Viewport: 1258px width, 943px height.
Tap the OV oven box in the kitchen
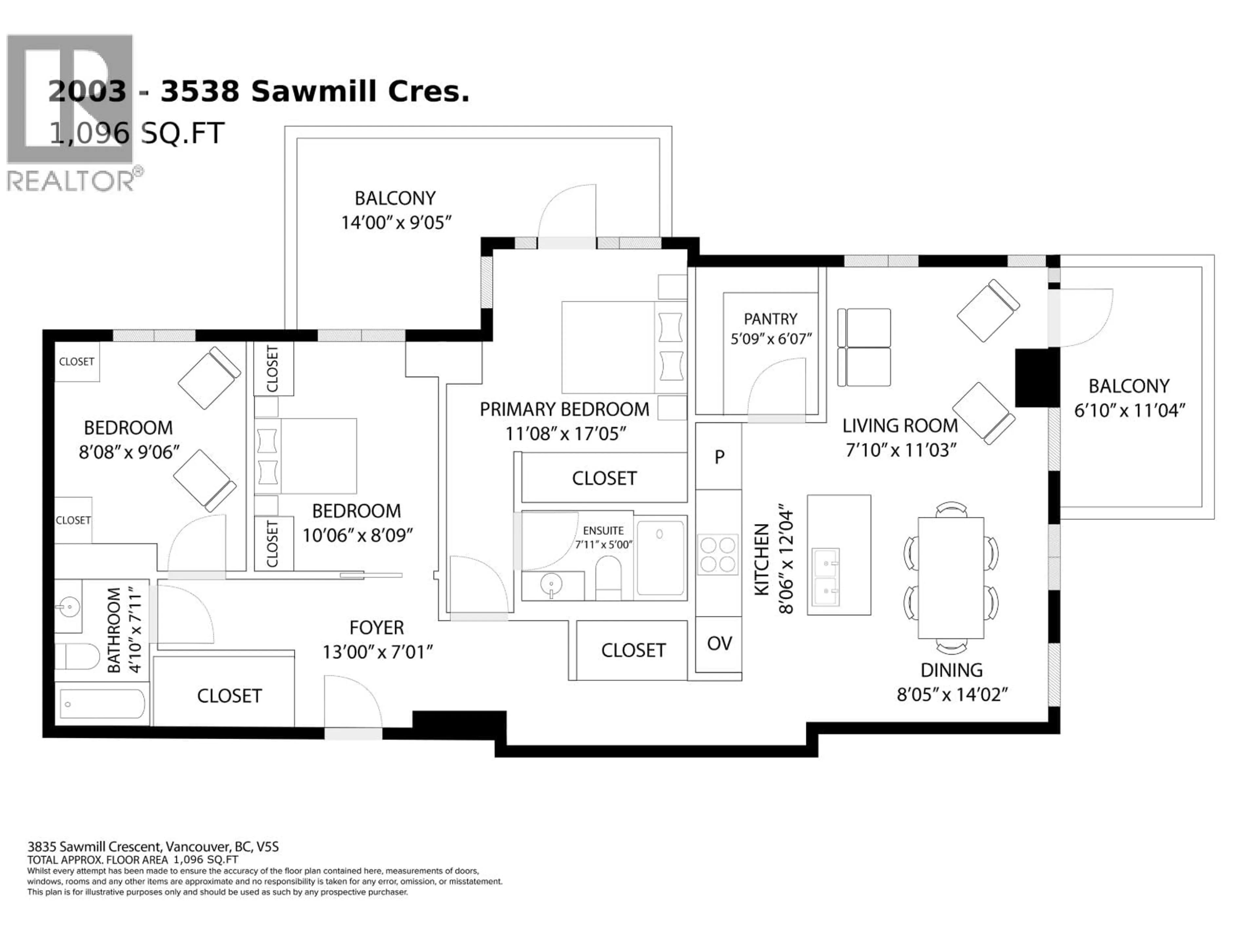pos(719,643)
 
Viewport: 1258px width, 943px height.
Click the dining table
pos(951,578)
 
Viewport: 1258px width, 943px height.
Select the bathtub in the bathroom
pos(102,704)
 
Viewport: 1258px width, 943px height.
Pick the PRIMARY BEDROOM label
pos(564,409)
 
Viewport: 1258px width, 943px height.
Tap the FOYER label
pos(376,628)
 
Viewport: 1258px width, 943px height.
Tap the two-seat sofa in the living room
pos(864,347)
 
